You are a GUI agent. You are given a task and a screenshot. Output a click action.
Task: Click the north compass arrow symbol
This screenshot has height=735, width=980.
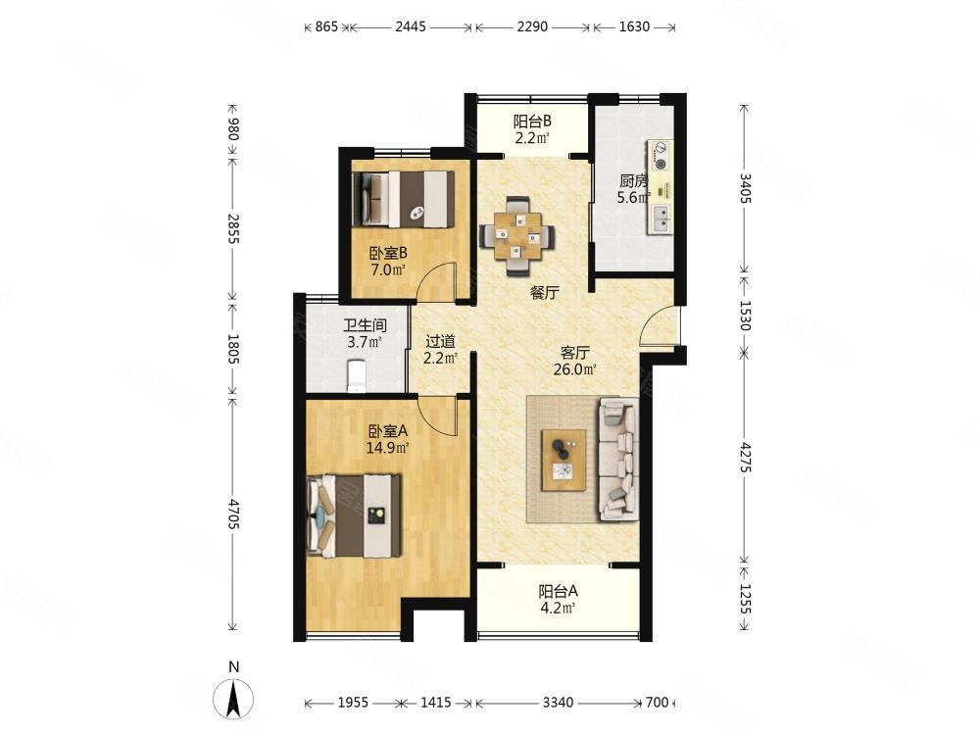click(234, 698)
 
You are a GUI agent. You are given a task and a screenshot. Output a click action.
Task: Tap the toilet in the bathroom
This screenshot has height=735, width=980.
click(355, 375)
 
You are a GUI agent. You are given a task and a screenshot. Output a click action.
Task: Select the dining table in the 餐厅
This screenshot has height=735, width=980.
click(516, 235)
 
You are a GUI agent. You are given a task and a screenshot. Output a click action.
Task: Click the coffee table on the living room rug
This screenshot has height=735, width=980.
click(563, 461)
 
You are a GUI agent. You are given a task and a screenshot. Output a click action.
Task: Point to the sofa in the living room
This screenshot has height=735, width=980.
click(618, 460)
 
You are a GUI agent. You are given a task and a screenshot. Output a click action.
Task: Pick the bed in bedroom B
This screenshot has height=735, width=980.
click(404, 199)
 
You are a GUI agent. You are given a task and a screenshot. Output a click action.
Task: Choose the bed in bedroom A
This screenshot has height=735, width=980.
click(354, 515)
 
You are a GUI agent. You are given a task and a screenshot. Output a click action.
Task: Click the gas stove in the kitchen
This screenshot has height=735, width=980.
click(660, 156)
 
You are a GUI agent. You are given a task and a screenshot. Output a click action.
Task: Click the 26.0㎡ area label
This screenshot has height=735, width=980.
click(574, 369)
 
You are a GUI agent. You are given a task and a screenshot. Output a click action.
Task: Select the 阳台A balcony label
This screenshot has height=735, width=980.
click(559, 591)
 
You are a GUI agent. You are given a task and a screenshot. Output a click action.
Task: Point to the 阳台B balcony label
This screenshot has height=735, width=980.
click(532, 122)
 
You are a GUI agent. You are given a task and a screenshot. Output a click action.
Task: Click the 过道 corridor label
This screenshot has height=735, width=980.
click(440, 341)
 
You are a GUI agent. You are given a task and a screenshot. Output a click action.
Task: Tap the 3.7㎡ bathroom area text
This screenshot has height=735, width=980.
click(365, 342)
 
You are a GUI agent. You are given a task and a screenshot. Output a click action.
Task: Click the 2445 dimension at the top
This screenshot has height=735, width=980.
click(411, 26)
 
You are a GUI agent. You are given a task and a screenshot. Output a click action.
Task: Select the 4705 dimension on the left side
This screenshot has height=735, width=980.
click(232, 514)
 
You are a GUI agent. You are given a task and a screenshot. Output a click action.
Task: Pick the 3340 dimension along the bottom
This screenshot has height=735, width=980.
click(558, 703)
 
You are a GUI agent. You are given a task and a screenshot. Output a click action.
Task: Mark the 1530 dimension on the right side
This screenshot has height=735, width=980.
click(745, 315)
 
